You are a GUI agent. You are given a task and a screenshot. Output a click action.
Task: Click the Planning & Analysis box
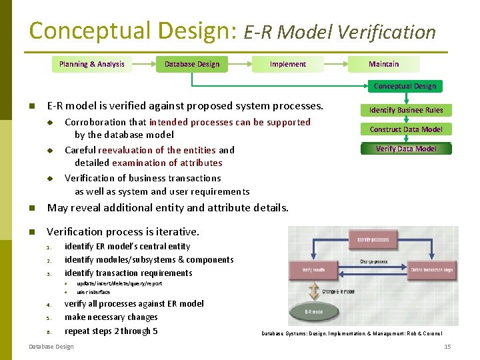91,64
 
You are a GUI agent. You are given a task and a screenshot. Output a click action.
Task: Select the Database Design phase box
192,64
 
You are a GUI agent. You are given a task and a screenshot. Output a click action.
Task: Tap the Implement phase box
287,64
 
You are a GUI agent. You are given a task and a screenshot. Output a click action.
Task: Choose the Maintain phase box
384,64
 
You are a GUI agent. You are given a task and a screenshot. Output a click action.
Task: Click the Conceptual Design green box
405,86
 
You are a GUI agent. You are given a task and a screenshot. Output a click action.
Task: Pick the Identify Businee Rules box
406,110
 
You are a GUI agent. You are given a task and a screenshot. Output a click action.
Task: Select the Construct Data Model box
406,129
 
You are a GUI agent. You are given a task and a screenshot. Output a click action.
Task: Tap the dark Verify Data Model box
406,149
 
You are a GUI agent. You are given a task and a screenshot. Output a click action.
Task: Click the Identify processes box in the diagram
373,239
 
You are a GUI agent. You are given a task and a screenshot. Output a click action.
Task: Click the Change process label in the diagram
373,262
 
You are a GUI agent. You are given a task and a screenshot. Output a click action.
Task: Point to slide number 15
447,347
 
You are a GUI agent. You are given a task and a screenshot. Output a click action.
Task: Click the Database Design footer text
51,347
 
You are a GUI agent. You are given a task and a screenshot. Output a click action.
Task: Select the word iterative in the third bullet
175,232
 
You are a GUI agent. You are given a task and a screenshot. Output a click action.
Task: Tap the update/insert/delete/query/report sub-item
119,283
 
